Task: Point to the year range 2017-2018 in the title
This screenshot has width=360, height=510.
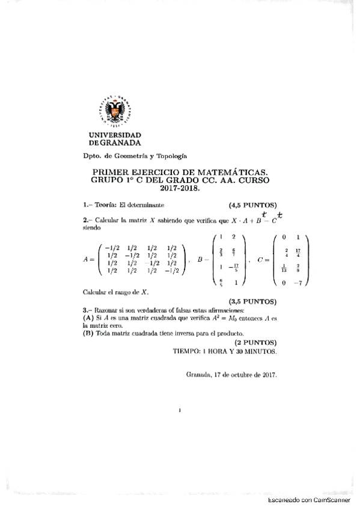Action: (178, 188)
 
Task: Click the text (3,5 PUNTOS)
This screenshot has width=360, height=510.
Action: (252, 300)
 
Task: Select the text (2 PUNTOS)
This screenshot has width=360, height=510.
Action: (255, 341)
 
